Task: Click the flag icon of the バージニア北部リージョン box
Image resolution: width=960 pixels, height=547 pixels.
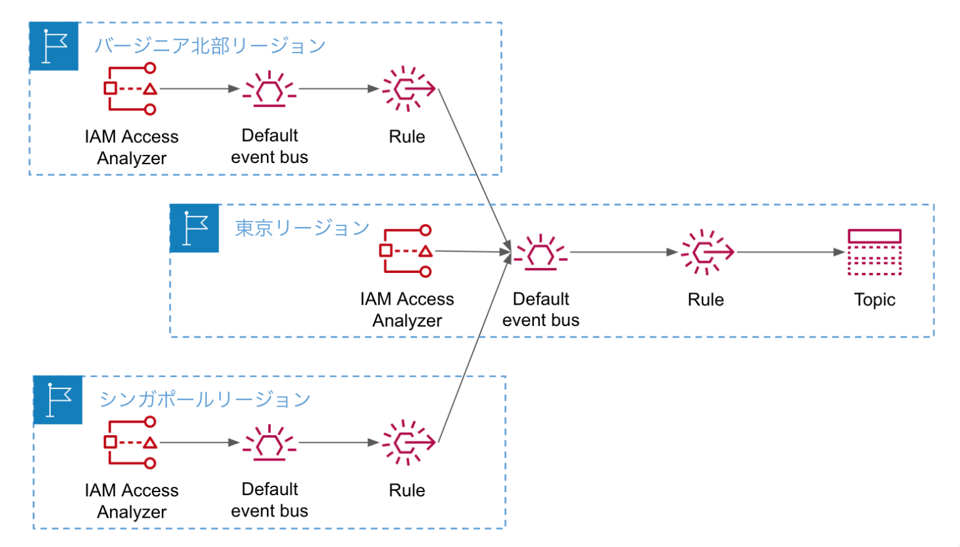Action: coord(54,46)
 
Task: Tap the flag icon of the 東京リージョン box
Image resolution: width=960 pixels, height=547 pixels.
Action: coord(194,228)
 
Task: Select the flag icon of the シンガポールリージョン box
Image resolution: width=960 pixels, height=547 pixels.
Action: coord(58,400)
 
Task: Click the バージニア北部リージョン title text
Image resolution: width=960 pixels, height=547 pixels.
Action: coord(209,46)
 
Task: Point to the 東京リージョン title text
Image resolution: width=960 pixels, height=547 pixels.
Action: coord(302,228)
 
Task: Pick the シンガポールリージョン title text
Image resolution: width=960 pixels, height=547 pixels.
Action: coord(204,400)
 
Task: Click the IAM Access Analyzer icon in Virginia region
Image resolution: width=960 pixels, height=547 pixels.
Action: coord(131,89)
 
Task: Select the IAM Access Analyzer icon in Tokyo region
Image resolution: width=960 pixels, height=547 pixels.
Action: coord(406,251)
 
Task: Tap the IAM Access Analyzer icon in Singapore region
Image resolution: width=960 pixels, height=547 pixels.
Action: coord(131,443)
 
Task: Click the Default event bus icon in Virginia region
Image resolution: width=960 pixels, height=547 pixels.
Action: coord(269,89)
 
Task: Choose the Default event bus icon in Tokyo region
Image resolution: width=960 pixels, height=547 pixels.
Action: coord(541,252)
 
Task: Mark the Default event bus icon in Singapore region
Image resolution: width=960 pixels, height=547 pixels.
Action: coord(269,443)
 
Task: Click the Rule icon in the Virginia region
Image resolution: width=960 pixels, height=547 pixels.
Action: coord(407,89)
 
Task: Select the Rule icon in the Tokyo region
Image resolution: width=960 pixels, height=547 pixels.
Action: coord(706,252)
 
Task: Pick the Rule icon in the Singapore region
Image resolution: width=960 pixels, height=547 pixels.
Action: coord(407,443)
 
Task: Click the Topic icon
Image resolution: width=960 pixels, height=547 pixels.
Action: coord(874,252)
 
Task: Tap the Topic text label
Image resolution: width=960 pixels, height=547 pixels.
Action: coord(874,300)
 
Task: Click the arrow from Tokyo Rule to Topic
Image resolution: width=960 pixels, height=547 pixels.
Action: coord(791,252)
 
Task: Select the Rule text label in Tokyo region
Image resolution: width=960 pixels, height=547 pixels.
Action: coord(706,300)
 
